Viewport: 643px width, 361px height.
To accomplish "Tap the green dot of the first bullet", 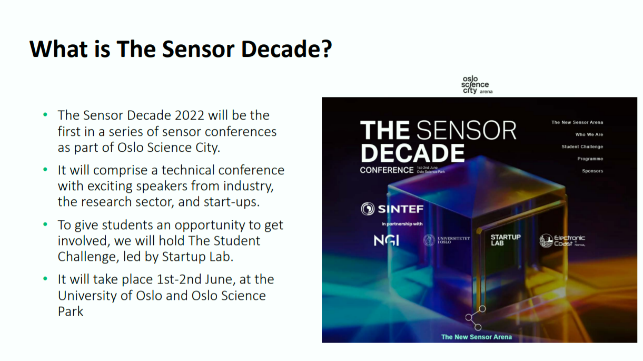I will click(x=45, y=114).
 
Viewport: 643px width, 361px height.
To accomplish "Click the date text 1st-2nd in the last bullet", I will click(x=179, y=279).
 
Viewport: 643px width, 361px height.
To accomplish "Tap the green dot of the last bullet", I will click(x=45, y=278).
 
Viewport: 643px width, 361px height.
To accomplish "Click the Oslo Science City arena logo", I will click(x=476, y=84).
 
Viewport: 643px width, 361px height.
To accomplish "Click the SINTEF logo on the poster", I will click(x=392, y=209).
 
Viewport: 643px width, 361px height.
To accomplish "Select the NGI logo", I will click(x=386, y=240).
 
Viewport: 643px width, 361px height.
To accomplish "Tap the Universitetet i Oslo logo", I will click(x=446, y=240).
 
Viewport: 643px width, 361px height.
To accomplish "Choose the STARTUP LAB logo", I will click(x=505, y=240).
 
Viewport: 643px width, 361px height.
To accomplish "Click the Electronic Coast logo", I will click(x=562, y=241).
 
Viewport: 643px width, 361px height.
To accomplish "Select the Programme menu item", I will click(x=589, y=159).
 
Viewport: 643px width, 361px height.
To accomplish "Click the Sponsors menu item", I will click(x=592, y=171).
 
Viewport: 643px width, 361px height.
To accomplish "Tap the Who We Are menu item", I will click(x=589, y=134).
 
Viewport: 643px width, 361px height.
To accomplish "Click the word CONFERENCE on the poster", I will click(x=387, y=170).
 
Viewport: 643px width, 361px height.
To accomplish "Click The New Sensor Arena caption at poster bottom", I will click(x=476, y=337).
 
